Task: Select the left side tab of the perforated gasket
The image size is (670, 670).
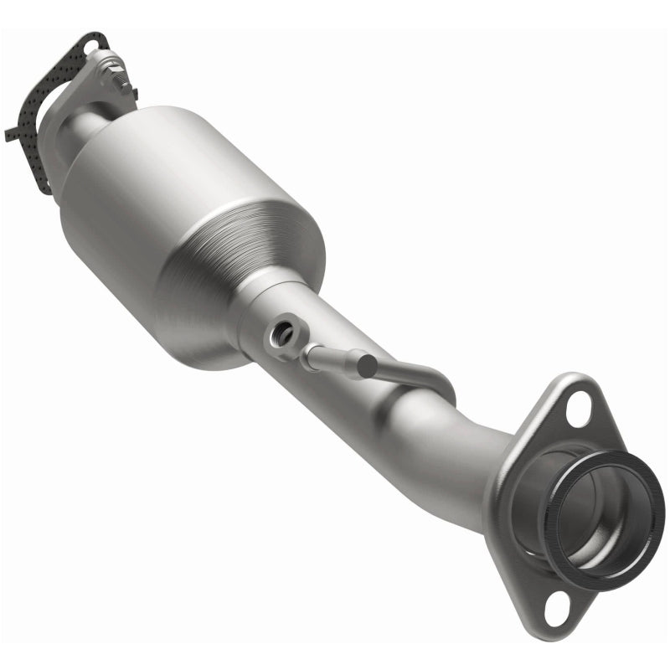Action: tap(12, 132)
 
